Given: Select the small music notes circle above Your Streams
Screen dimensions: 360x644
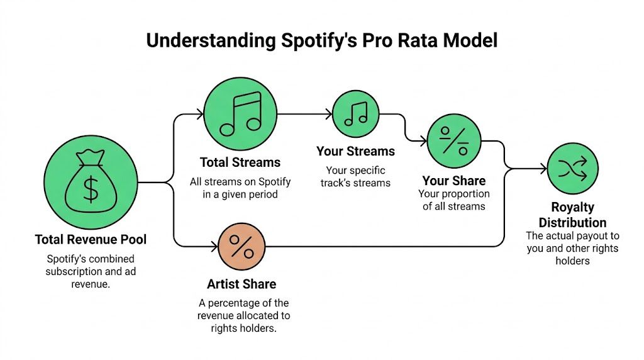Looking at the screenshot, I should coord(356,114).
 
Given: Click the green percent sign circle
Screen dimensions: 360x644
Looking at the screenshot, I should coord(454,140).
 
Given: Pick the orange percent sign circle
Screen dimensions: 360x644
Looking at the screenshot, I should coord(241,245).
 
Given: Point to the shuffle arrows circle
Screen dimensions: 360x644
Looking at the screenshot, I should coord(572,168).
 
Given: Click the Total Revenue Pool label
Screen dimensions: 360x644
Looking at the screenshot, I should coord(91,239).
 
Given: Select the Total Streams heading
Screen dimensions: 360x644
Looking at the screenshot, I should coord(240,162).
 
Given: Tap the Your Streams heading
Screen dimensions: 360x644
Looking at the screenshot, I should coord(355,151).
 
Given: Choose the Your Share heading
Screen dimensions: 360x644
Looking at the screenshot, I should coord(453,181).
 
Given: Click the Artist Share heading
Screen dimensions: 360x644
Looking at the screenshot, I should coord(241,284).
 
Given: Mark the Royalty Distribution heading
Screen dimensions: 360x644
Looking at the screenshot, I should coord(572,215).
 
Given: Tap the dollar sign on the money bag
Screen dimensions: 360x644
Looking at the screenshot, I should coord(91,189).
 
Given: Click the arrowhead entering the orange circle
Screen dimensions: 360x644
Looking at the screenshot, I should coord(214,245).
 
